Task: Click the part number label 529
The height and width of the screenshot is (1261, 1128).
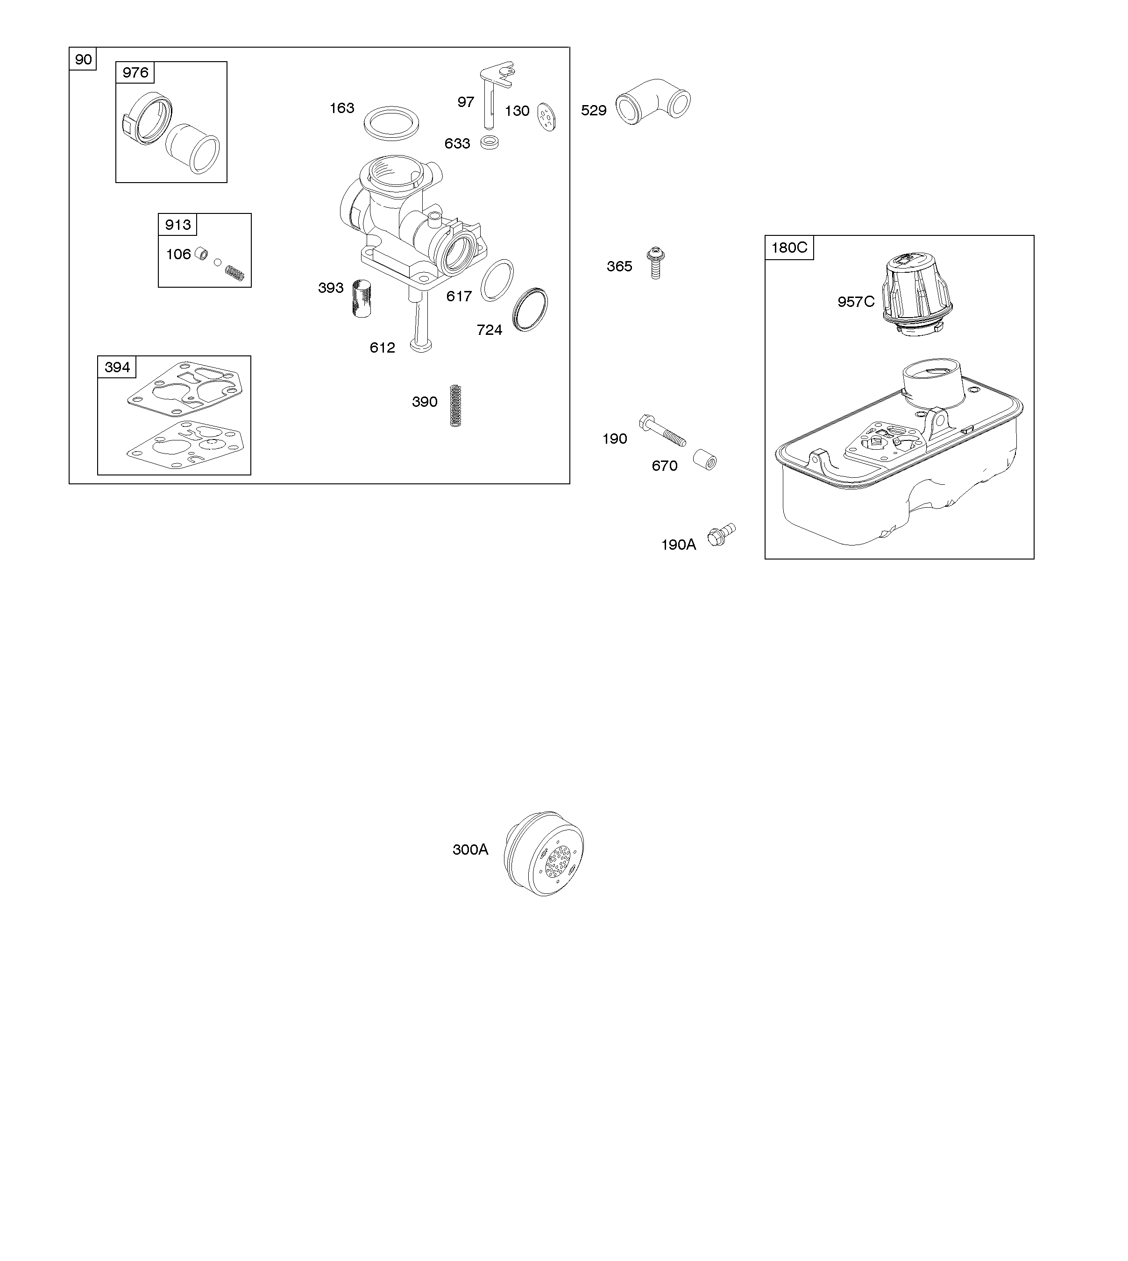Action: coord(593,110)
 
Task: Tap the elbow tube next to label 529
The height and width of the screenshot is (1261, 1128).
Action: coord(653,99)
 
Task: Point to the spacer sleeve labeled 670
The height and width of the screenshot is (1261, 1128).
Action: coord(705,459)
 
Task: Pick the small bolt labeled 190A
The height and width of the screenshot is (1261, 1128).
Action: coord(722,535)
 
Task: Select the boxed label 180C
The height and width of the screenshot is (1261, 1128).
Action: coord(789,248)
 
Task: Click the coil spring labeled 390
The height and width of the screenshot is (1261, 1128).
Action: coord(455,405)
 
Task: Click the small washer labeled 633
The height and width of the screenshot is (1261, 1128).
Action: coord(490,142)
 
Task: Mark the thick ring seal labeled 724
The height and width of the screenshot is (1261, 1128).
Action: coord(531,309)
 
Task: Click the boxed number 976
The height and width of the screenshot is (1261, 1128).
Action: coord(135,72)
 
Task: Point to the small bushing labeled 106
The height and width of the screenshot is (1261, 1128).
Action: coord(201,254)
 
